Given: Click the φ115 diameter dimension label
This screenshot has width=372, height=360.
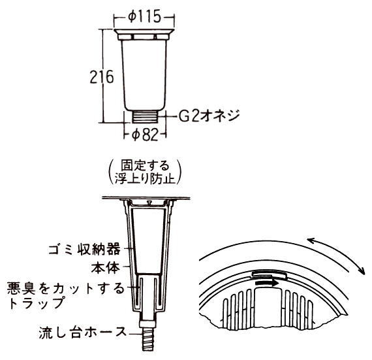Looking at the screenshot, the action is coord(144,17).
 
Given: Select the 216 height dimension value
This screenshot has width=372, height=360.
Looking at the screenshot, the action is coord(102,77).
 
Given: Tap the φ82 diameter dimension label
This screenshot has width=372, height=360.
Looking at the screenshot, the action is coord(145,135).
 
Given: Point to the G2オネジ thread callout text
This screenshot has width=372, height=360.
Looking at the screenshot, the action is coord(209,116).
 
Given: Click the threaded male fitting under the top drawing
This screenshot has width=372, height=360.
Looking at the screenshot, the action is coord(145,116).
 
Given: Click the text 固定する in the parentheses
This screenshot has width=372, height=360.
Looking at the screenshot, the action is coord(145,165).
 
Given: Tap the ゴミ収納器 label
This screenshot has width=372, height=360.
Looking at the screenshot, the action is coord(84,249).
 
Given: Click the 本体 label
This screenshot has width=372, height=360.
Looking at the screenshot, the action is coord(106,268).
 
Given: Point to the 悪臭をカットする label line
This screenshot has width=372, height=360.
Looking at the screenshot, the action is coord(65,288).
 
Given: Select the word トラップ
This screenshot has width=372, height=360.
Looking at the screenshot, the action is coord(37,303).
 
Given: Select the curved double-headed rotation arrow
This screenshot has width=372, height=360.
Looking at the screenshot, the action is coord(341,251).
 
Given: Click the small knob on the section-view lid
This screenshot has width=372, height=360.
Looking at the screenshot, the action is coord(149,202).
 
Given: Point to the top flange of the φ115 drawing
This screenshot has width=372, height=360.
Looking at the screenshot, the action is coord(144,32).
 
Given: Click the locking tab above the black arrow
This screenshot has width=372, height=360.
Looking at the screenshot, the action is coord(269,275).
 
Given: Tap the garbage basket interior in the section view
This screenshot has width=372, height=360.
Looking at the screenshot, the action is coord(148,240).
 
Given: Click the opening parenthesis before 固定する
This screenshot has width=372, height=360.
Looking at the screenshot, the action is coord(111,172).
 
